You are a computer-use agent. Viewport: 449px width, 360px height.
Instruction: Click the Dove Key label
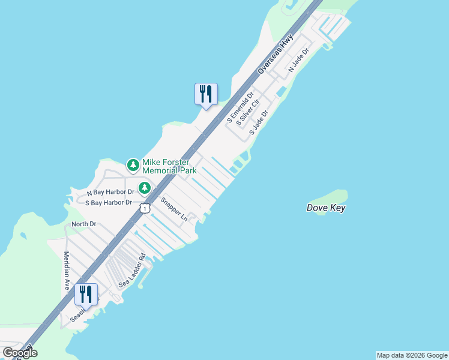[326, 208]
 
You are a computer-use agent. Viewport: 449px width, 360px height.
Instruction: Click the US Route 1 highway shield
[145, 208]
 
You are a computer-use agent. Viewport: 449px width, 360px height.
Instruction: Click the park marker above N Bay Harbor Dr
[144, 188]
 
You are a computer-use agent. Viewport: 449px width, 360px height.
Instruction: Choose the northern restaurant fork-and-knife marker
[206, 94]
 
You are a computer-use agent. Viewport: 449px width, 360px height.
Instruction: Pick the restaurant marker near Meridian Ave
[86, 295]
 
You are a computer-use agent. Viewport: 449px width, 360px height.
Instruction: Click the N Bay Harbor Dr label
[110, 193]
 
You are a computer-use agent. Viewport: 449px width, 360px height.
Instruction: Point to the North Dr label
[83, 224]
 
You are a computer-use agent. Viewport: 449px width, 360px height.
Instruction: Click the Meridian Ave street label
[68, 270]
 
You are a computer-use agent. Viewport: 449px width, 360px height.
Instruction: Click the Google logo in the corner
[20, 353]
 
